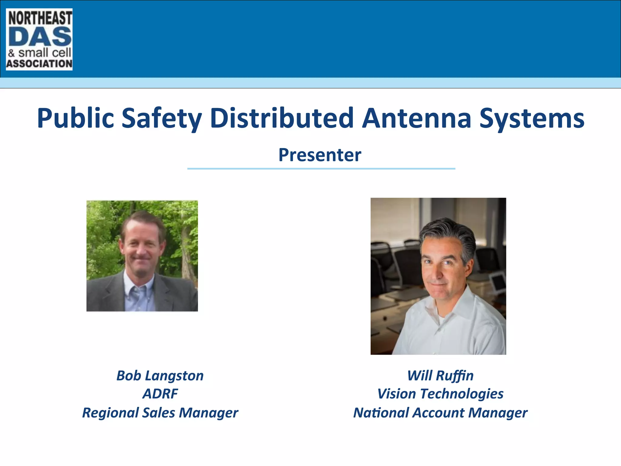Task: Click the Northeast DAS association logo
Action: tap(39, 39)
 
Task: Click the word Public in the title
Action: tap(76, 118)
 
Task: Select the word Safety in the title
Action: tap(162, 118)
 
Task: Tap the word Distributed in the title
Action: tap(282, 118)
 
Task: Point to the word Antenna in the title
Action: tap(417, 118)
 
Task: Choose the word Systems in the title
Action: tap(532, 118)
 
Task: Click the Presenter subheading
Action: tap(320, 155)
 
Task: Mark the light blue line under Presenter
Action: tap(321, 169)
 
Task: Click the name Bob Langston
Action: tap(160, 376)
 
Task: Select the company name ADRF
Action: tap(160, 394)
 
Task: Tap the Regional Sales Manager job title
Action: tap(160, 413)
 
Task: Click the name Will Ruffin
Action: tap(440, 376)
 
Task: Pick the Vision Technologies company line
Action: tap(440, 394)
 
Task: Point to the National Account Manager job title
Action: tap(440, 413)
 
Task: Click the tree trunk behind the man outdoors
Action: tap(186, 243)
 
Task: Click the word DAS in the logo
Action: tap(40, 37)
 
